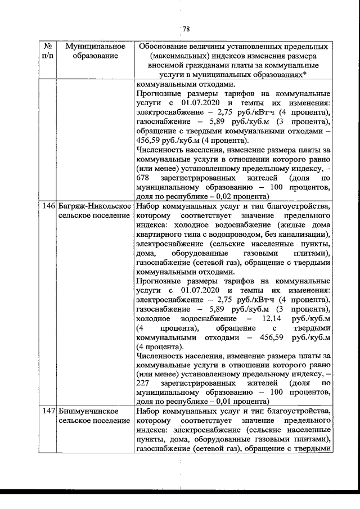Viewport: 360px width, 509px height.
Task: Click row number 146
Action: [48, 206]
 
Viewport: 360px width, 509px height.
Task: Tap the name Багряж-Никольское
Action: [91, 206]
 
